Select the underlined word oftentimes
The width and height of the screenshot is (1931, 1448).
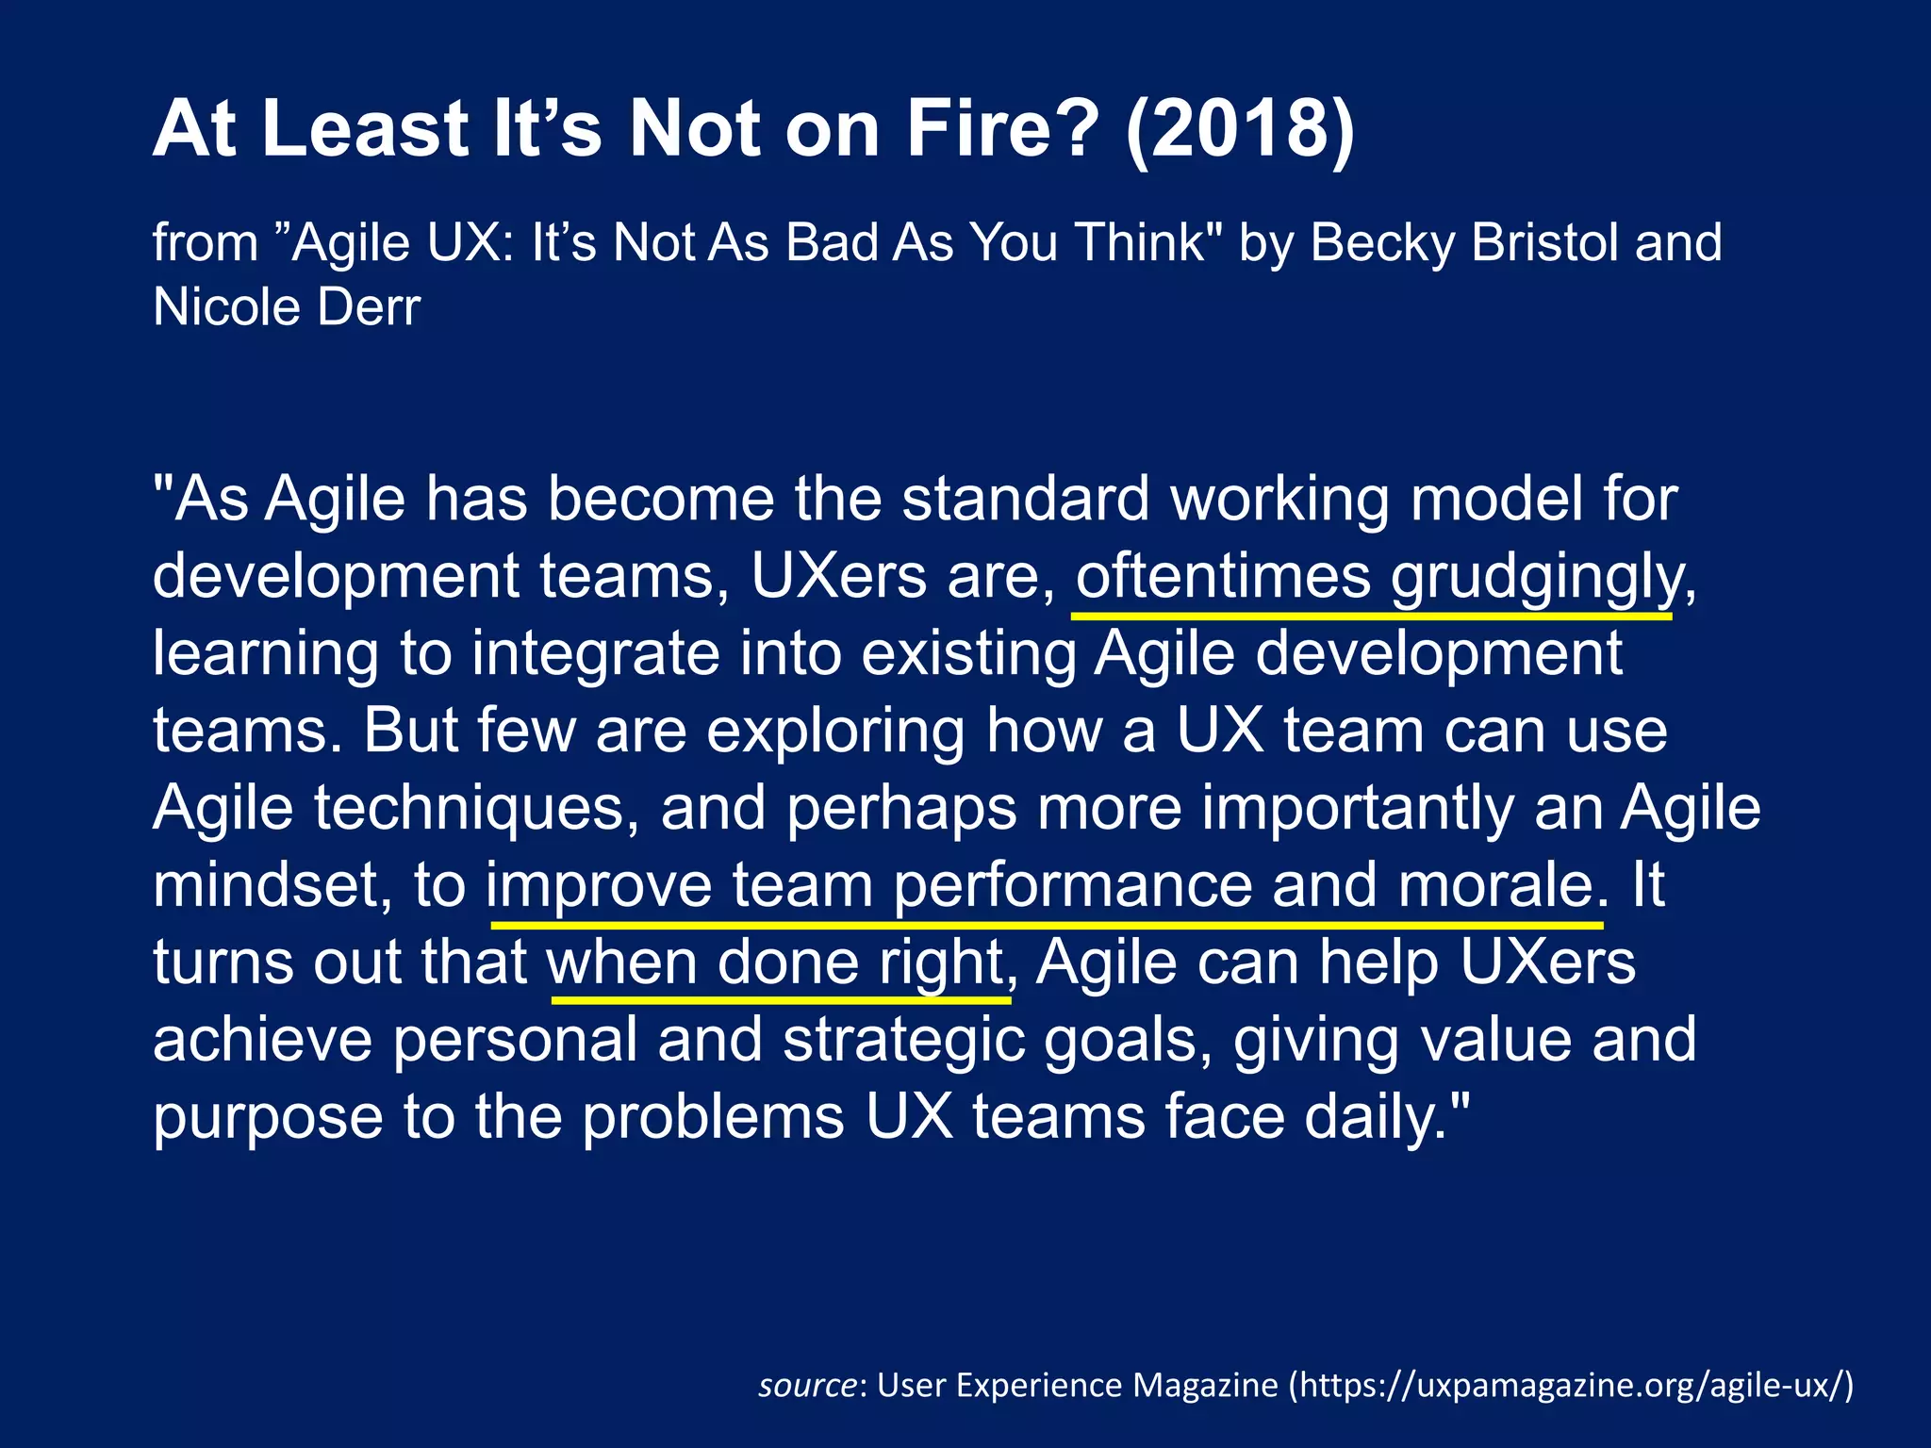[1223, 577]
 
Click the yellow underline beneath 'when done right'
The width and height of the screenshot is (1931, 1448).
[781, 999]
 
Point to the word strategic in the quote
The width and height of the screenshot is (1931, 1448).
[903, 1040]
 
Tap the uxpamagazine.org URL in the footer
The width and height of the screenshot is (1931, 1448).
[1570, 1385]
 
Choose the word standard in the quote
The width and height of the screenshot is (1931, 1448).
[1025, 499]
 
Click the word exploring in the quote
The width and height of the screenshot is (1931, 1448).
[835, 731]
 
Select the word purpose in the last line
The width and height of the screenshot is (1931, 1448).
[268, 1117]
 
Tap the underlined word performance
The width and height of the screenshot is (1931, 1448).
[1072, 885]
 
